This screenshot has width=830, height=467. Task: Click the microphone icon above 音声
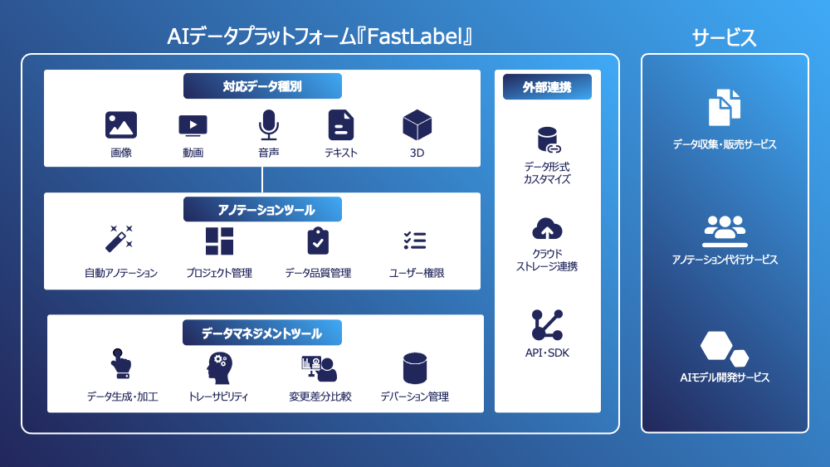tap(268, 125)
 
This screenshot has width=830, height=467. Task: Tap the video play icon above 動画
tap(193, 125)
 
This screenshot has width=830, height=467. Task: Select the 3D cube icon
tap(417, 125)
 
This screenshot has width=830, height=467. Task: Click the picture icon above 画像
tap(121, 125)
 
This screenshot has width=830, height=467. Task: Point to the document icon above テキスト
tap(340, 125)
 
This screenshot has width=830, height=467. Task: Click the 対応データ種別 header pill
tap(262, 86)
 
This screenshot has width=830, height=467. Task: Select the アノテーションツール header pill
tap(262, 209)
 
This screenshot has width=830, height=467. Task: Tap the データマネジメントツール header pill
tap(262, 333)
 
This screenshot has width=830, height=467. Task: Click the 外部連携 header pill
tap(547, 86)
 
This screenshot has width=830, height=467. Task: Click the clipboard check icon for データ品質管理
tap(318, 241)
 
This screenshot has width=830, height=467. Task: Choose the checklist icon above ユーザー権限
tap(415, 241)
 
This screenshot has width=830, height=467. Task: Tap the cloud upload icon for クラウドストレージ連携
tap(547, 230)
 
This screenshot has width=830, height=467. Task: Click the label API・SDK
tap(547, 353)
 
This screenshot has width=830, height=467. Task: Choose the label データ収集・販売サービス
tap(725, 145)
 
